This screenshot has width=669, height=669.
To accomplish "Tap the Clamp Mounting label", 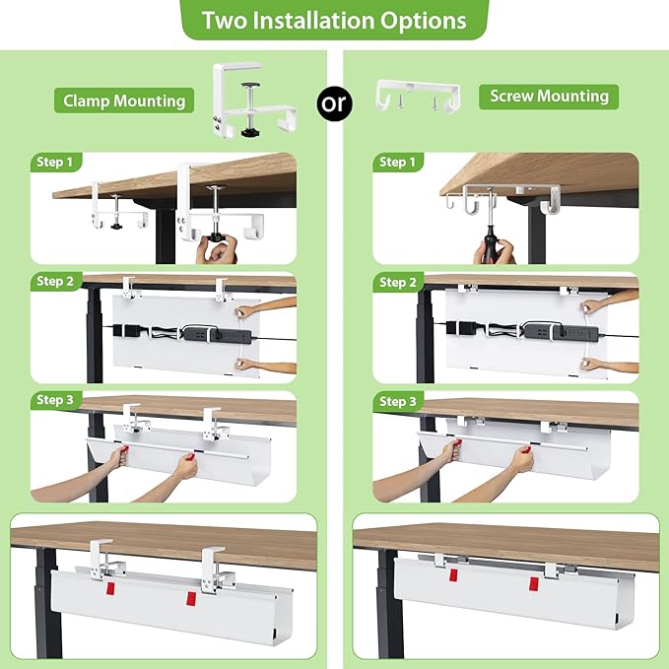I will tap(124, 100).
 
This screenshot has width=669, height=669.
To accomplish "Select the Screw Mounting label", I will tap(549, 96).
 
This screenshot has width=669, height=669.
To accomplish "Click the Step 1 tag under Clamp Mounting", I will tap(55, 163).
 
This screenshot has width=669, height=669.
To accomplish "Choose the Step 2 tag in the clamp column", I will tap(55, 282).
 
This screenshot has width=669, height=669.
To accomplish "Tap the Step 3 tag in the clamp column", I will tap(55, 400).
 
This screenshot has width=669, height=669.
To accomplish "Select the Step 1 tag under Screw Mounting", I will tap(397, 163).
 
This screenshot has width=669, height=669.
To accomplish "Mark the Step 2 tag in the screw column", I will tap(397, 282).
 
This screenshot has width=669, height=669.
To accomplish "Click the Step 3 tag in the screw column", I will tap(397, 401).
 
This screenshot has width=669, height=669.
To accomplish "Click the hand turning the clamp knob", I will tap(216, 248).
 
